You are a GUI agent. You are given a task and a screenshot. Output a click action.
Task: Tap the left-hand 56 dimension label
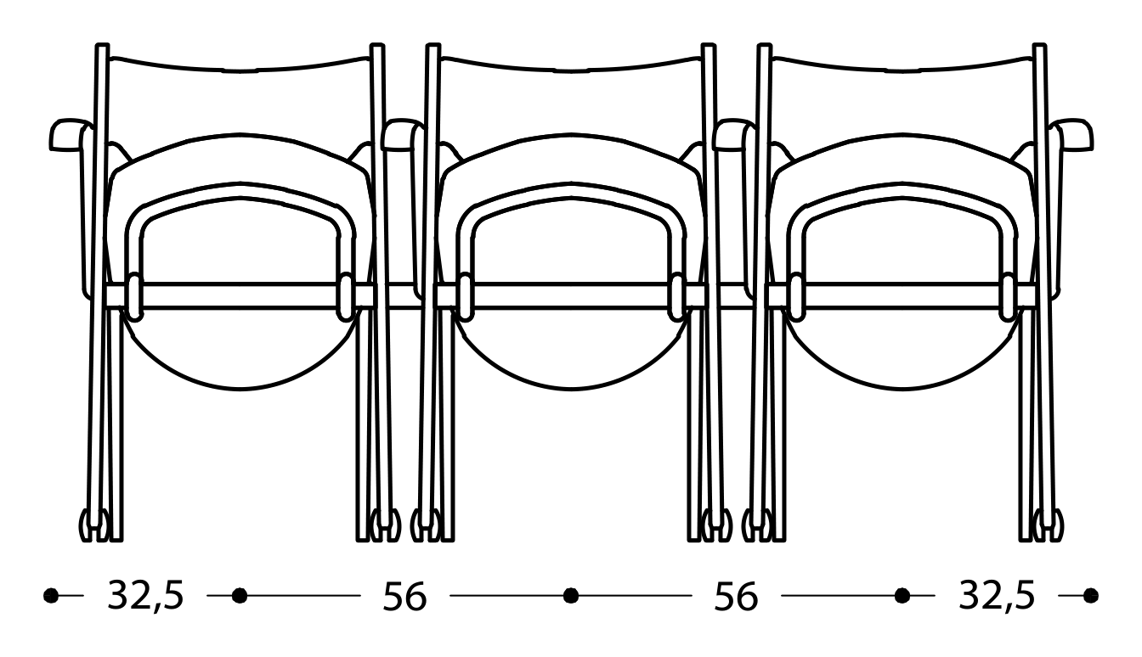(404, 597)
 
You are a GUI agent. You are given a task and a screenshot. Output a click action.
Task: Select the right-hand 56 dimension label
(736, 597)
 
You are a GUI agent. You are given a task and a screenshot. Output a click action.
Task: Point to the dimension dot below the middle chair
(571, 596)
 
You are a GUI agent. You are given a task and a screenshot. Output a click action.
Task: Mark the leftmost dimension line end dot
(51, 596)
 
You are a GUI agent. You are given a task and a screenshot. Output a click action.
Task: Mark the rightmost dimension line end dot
(1091, 596)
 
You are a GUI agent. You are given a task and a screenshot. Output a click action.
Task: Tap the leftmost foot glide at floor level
(88, 525)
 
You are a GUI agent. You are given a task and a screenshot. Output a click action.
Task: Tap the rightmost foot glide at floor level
(1054, 525)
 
